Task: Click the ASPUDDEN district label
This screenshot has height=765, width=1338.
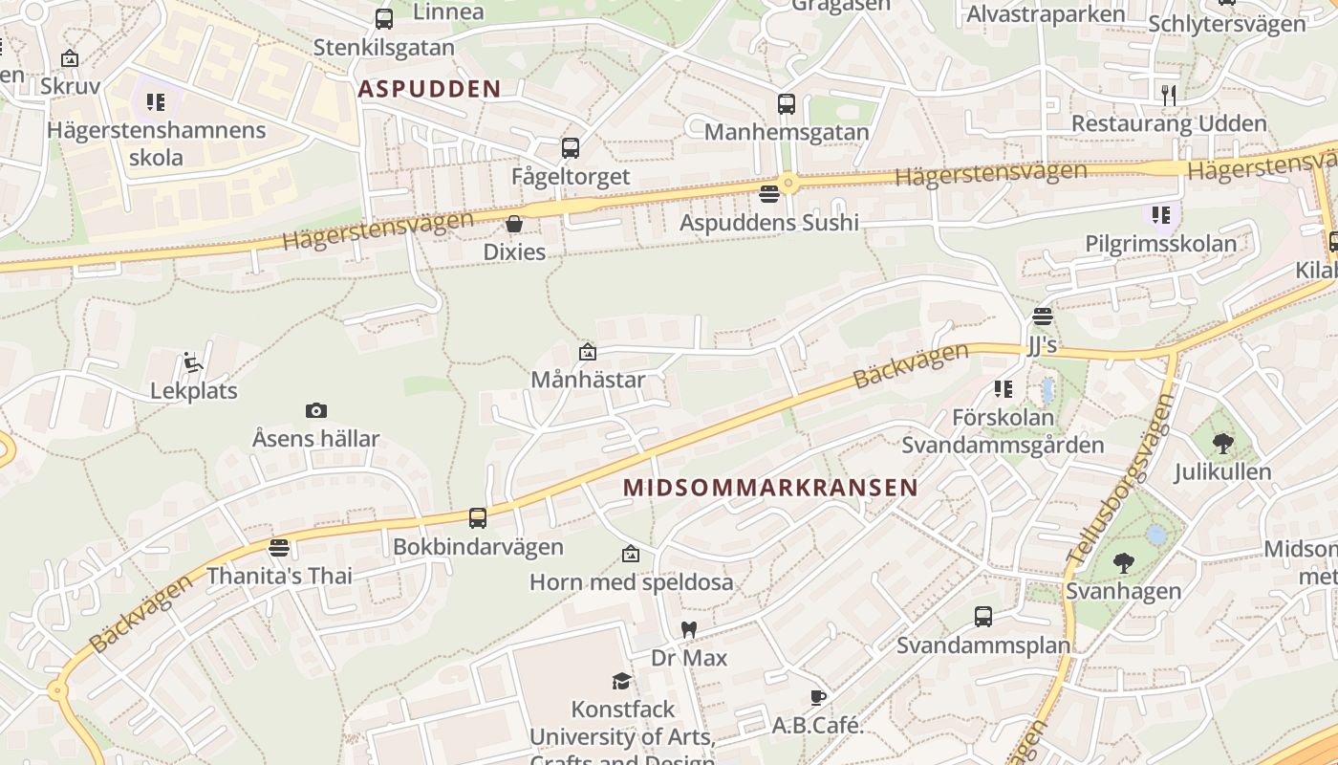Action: tap(429, 89)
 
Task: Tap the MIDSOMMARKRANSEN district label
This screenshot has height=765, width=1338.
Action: tap(770, 487)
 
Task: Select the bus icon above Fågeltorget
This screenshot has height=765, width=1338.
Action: tap(571, 148)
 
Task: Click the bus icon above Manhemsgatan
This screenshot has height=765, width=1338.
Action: tap(787, 104)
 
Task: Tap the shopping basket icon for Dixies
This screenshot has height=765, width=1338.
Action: tap(514, 224)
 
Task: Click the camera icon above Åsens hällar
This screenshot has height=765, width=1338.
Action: tap(316, 411)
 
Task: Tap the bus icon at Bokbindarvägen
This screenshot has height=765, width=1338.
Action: tap(478, 518)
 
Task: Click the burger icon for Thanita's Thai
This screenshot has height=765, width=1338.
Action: tap(279, 548)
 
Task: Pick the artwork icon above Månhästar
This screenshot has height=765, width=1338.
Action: tap(588, 352)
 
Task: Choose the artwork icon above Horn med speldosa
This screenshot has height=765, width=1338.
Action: tap(631, 554)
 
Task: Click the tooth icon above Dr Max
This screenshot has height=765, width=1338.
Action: tap(688, 629)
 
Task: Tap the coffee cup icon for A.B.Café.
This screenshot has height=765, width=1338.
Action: tap(817, 697)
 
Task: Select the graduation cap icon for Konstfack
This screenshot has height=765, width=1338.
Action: tap(622, 681)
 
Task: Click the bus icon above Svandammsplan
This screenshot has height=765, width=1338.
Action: tap(983, 617)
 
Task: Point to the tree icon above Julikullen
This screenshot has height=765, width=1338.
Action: tap(1222, 443)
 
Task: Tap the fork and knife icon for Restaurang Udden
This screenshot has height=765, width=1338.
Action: tap(1168, 95)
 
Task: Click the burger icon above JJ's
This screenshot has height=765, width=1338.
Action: tap(1043, 317)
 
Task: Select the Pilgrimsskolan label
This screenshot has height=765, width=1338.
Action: tap(1160, 244)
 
